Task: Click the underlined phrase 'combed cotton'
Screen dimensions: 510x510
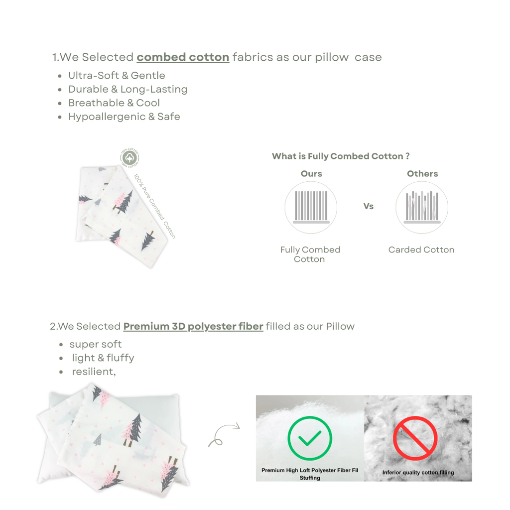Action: (183, 57)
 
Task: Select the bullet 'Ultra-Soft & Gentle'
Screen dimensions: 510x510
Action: (117, 76)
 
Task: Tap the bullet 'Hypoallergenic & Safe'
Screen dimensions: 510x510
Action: (124, 117)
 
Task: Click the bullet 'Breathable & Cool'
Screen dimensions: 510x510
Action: (114, 103)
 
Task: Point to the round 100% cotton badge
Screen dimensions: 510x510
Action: (130, 158)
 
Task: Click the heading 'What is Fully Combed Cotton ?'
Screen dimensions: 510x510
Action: (341, 156)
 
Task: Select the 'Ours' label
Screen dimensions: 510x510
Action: (311, 174)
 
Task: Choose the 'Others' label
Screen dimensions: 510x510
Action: (422, 174)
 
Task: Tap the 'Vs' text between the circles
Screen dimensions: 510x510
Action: (369, 206)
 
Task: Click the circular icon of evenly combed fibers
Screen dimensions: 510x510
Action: (311, 207)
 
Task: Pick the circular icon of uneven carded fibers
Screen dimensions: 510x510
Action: (422, 207)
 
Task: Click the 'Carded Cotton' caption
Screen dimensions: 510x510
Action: (421, 250)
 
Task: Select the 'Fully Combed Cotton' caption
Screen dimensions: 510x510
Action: (310, 255)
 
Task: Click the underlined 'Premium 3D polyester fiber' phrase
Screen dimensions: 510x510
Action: (193, 327)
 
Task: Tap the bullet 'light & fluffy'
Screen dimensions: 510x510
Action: (103, 358)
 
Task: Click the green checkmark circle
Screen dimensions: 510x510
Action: (310, 438)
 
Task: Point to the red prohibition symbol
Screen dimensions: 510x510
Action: (415, 438)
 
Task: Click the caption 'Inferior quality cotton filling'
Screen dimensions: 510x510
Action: (418, 473)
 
